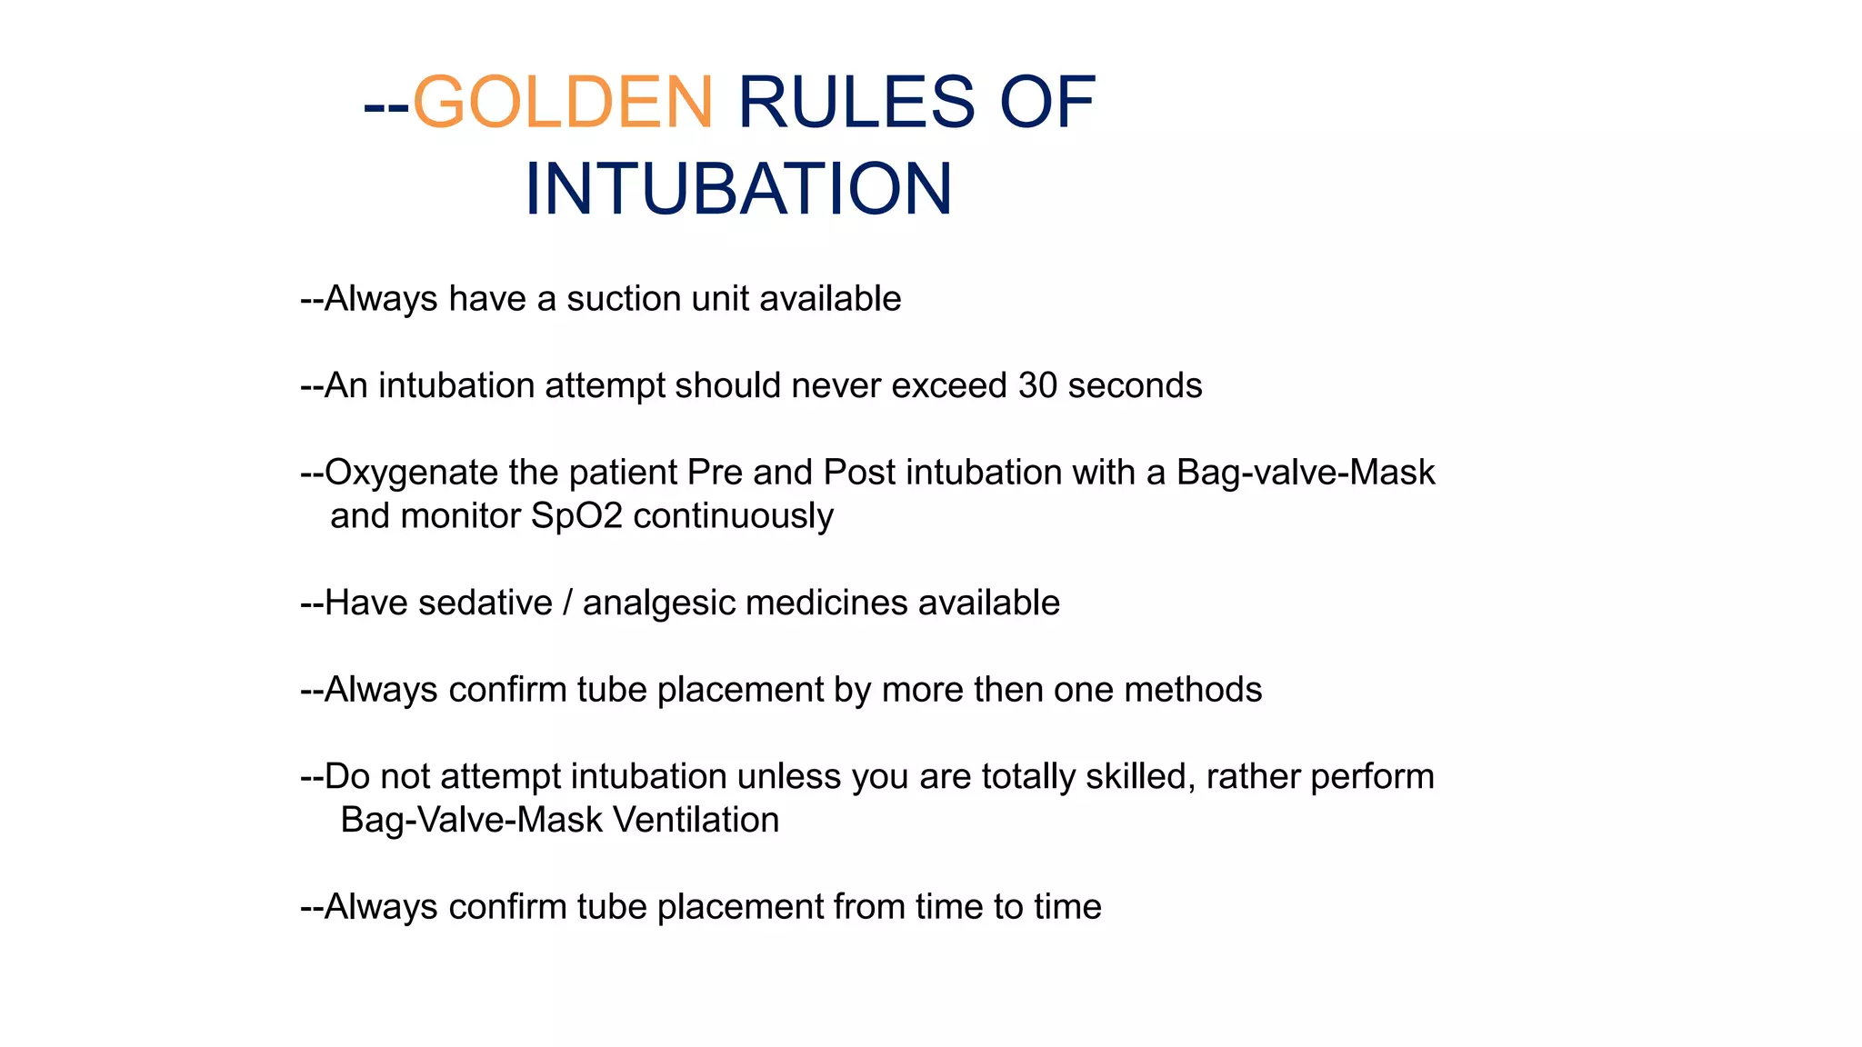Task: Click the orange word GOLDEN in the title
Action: [x=563, y=102]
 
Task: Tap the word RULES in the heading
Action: [x=856, y=102]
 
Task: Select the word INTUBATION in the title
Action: [x=738, y=189]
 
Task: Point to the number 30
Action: [x=1037, y=385]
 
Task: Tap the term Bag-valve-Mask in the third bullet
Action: [x=1306, y=473]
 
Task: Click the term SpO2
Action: [x=576, y=516]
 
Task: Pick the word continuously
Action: [x=733, y=516]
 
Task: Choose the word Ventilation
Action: [x=696, y=820]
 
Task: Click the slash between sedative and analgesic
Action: [x=567, y=603]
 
